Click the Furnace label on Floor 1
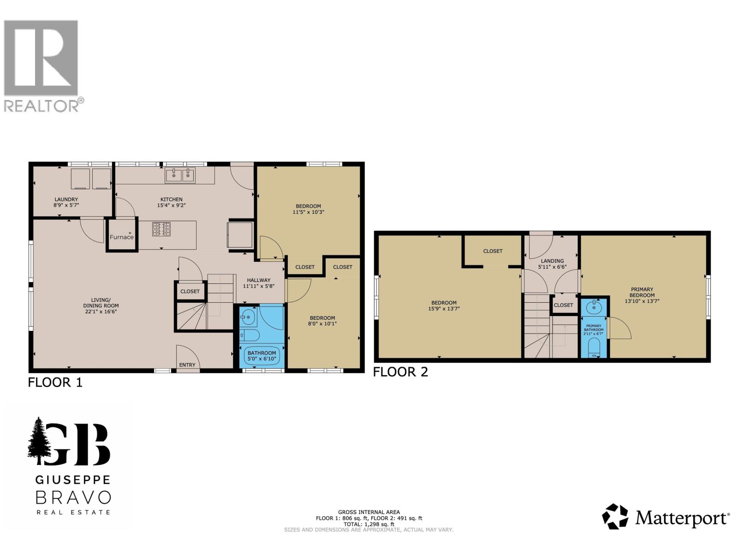pyautogui.click(x=122, y=237)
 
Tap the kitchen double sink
pyautogui.click(x=180, y=175)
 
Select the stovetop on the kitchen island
pyautogui.click(x=161, y=229)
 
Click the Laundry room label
pyautogui.click(x=66, y=200)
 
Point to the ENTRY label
pyautogui.click(x=187, y=365)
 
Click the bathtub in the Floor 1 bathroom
pyautogui.click(x=262, y=355)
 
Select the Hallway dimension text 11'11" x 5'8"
pyautogui.click(x=259, y=286)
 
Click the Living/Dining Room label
pyautogui.click(x=101, y=302)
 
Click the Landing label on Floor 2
pyautogui.click(x=552, y=261)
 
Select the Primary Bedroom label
pyautogui.click(x=642, y=292)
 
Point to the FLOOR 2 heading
pyautogui.click(x=400, y=372)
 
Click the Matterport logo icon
pyautogui.click(x=615, y=517)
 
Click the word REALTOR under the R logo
pyautogui.click(x=42, y=106)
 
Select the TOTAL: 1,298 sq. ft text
pyautogui.click(x=369, y=524)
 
